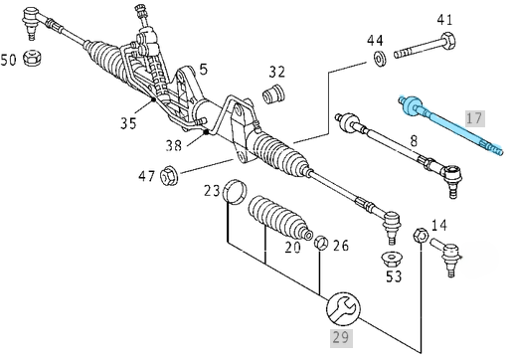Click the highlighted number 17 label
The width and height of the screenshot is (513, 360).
click(x=475, y=118)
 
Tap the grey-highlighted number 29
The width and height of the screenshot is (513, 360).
click(x=341, y=338)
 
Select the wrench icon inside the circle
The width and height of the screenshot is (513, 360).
click(x=343, y=309)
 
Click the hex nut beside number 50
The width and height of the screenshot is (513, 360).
click(x=33, y=58)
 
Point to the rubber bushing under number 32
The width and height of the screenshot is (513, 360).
click(x=273, y=93)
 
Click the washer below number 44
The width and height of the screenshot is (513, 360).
click(x=379, y=59)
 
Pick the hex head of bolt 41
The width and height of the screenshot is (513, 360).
click(x=448, y=41)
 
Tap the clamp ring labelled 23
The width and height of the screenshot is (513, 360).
click(x=235, y=192)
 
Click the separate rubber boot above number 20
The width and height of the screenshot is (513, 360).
click(x=279, y=218)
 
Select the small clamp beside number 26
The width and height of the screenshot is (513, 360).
click(x=321, y=243)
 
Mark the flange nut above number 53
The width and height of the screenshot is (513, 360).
click(x=392, y=260)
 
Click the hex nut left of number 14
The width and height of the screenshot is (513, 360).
click(x=421, y=236)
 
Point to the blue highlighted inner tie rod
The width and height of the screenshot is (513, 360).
click(x=451, y=125)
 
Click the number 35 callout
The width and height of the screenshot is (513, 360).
click(x=128, y=123)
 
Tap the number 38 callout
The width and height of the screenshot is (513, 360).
click(x=174, y=145)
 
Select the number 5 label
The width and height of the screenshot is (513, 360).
click(x=204, y=70)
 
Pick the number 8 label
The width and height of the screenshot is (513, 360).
click(x=414, y=141)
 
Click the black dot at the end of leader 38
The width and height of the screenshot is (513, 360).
click(x=206, y=132)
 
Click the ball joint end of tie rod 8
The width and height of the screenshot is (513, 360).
click(x=452, y=177)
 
